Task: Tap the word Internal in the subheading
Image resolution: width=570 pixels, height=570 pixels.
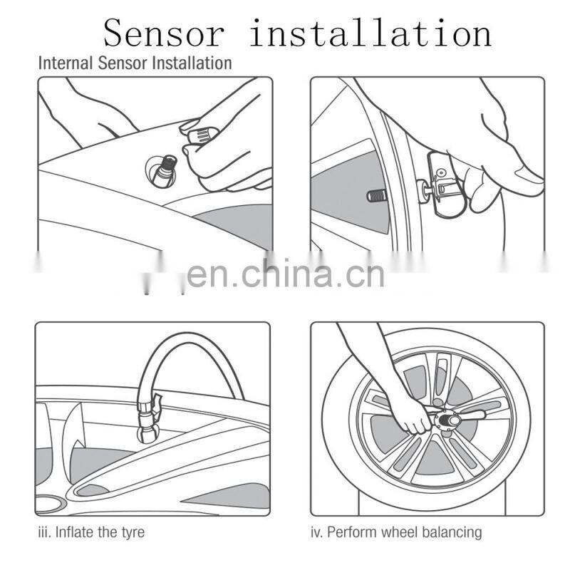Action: coord(61,63)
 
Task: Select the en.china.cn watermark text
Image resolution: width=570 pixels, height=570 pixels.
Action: coord(285,274)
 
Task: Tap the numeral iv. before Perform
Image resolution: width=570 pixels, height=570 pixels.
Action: coord(317,532)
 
